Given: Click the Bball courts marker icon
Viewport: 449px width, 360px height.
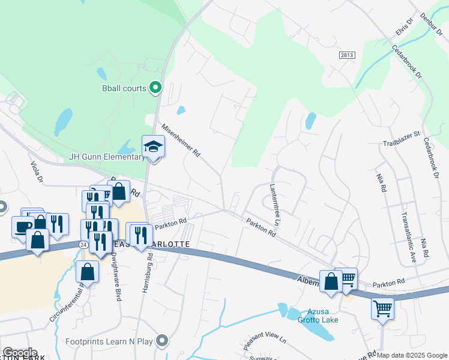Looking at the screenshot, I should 155,88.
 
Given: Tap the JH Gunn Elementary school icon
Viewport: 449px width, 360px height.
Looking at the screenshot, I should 153,146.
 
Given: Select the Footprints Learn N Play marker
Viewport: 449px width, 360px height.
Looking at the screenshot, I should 161,341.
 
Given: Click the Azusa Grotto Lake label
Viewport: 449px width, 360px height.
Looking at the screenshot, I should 322,316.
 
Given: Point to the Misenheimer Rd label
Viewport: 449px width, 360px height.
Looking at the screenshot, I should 180,140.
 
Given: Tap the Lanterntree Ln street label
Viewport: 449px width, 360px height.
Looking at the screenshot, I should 278,204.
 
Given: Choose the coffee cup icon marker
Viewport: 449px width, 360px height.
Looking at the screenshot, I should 23,227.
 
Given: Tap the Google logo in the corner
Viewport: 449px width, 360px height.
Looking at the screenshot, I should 20,353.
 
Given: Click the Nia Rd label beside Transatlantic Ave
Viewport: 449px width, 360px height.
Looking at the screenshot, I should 381,183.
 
